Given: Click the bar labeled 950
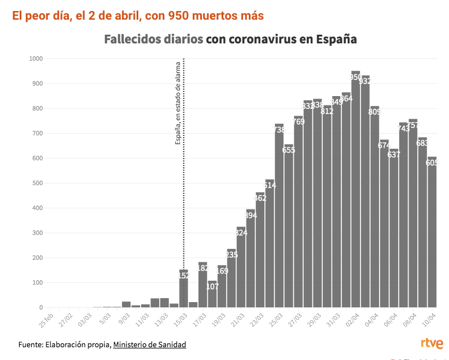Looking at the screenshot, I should click(356, 191).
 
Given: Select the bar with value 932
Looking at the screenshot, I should click(365, 194).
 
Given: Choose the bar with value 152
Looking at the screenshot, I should click(183, 289).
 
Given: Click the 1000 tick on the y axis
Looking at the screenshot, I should click(36, 58).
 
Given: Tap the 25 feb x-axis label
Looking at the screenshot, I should click(46, 318).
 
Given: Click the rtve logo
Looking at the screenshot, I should click(432, 344).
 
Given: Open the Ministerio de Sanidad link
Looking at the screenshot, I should click(149, 345).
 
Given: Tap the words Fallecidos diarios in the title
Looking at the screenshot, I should click(153, 39).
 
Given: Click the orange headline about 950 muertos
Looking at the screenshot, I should click(138, 16).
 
